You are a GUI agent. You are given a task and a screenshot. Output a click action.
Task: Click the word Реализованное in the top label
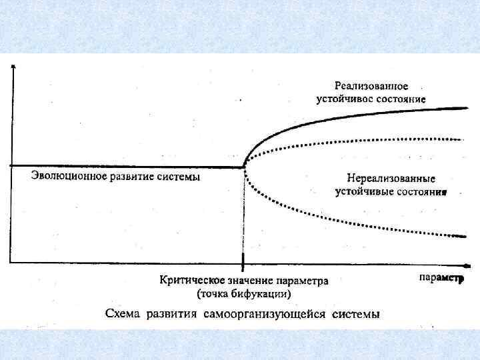point(371,86)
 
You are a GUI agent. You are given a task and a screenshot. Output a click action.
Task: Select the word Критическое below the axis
point(188,281)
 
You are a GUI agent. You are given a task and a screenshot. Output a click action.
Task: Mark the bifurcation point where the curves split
point(243,166)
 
